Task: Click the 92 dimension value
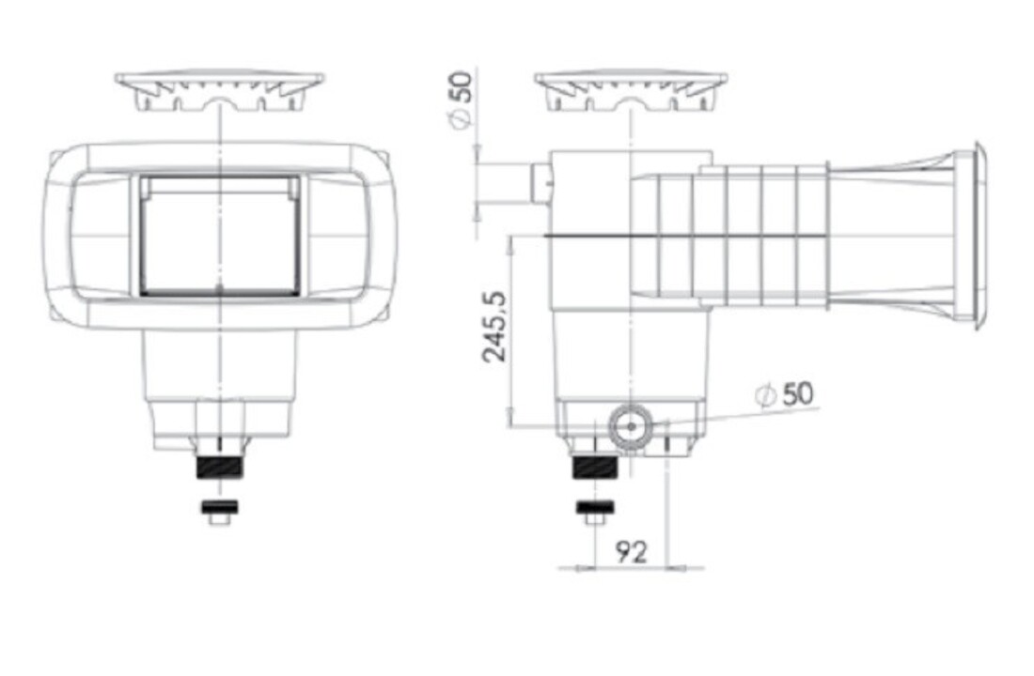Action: pos(631,552)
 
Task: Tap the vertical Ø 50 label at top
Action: pos(462,100)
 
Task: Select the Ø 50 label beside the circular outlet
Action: pos(785,394)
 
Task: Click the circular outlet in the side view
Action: pos(631,426)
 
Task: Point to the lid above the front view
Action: pos(220,91)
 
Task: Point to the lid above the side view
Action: pos(631,91)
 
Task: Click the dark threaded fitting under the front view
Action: pos(220,467)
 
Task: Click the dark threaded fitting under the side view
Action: pos(595,467)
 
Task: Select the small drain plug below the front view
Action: pos(220,512)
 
